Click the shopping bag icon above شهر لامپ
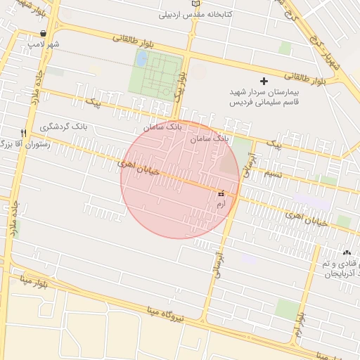point(44,33)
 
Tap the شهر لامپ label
point(44,44)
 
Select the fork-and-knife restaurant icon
point(23,133)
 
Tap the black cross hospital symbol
point(264,81)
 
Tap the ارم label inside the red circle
point(221,203)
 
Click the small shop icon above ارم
point(221,193)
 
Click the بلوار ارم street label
point(300,325)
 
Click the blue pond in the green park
point(141,59)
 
